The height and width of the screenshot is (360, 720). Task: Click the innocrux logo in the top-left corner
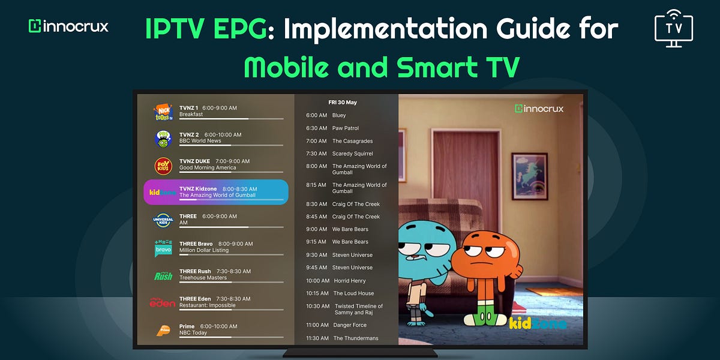pos(68,26)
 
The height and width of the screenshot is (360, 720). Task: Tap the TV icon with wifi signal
pos(674,27)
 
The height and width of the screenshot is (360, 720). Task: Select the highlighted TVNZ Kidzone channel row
pos(216,192)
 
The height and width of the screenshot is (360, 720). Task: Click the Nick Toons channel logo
pos(163,112)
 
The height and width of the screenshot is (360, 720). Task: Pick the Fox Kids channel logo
pos(163,166)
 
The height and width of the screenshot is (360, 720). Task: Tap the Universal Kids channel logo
pos(163,220)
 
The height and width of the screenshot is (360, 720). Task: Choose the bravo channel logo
pos(163,248)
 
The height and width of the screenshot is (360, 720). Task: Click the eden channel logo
pos(163,302)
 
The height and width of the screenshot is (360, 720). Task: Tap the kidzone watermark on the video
pos(537,323)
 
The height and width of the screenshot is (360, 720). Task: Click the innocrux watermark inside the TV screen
pos(539,109)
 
